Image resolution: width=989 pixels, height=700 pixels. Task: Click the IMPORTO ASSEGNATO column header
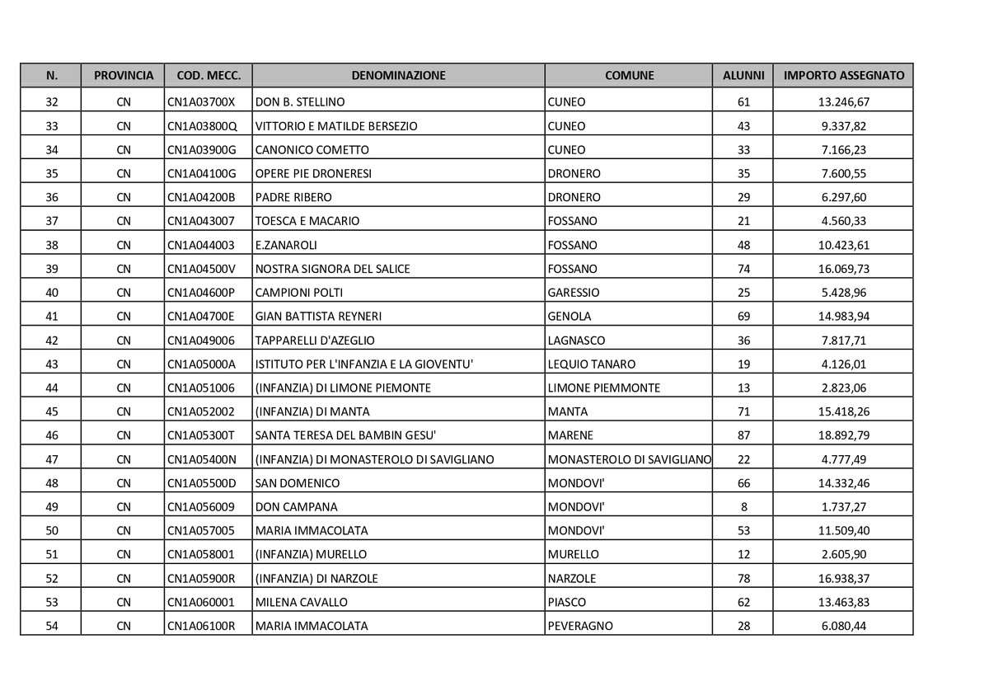click(x=843, y=75)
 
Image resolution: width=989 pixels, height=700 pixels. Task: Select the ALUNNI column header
click(x=743, y=75)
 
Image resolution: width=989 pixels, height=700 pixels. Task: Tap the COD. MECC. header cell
click(x=209, y=75)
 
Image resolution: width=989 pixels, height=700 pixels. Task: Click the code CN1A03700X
click(x=201, y=102)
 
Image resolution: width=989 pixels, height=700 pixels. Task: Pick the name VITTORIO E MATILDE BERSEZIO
click(x=336, y=126)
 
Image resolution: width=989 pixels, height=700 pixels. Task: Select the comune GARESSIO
click(x=574, y=293)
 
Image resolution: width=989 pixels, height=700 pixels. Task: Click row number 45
click(x=52, y=411)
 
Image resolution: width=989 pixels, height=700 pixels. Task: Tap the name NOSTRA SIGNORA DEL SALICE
click(x=333, y=269)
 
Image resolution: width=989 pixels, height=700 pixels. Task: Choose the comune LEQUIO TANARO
click(x=591, y=364)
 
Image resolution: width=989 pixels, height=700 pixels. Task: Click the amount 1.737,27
click(x=843, y=507)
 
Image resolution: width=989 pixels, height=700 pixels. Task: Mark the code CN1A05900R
click(x=201, y=578)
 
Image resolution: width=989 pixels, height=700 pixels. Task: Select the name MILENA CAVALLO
click(x=302, y=602)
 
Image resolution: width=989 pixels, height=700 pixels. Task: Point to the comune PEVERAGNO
click(x=580, y=626)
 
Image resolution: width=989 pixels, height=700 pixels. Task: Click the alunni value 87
click(x=743, y=435)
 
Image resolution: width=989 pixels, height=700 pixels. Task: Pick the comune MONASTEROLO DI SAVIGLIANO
click(x=629, y=459)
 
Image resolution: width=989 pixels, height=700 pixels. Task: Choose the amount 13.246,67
click(x=843, y=102)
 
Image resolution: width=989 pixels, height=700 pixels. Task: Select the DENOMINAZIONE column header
click(x=398, y=75)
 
